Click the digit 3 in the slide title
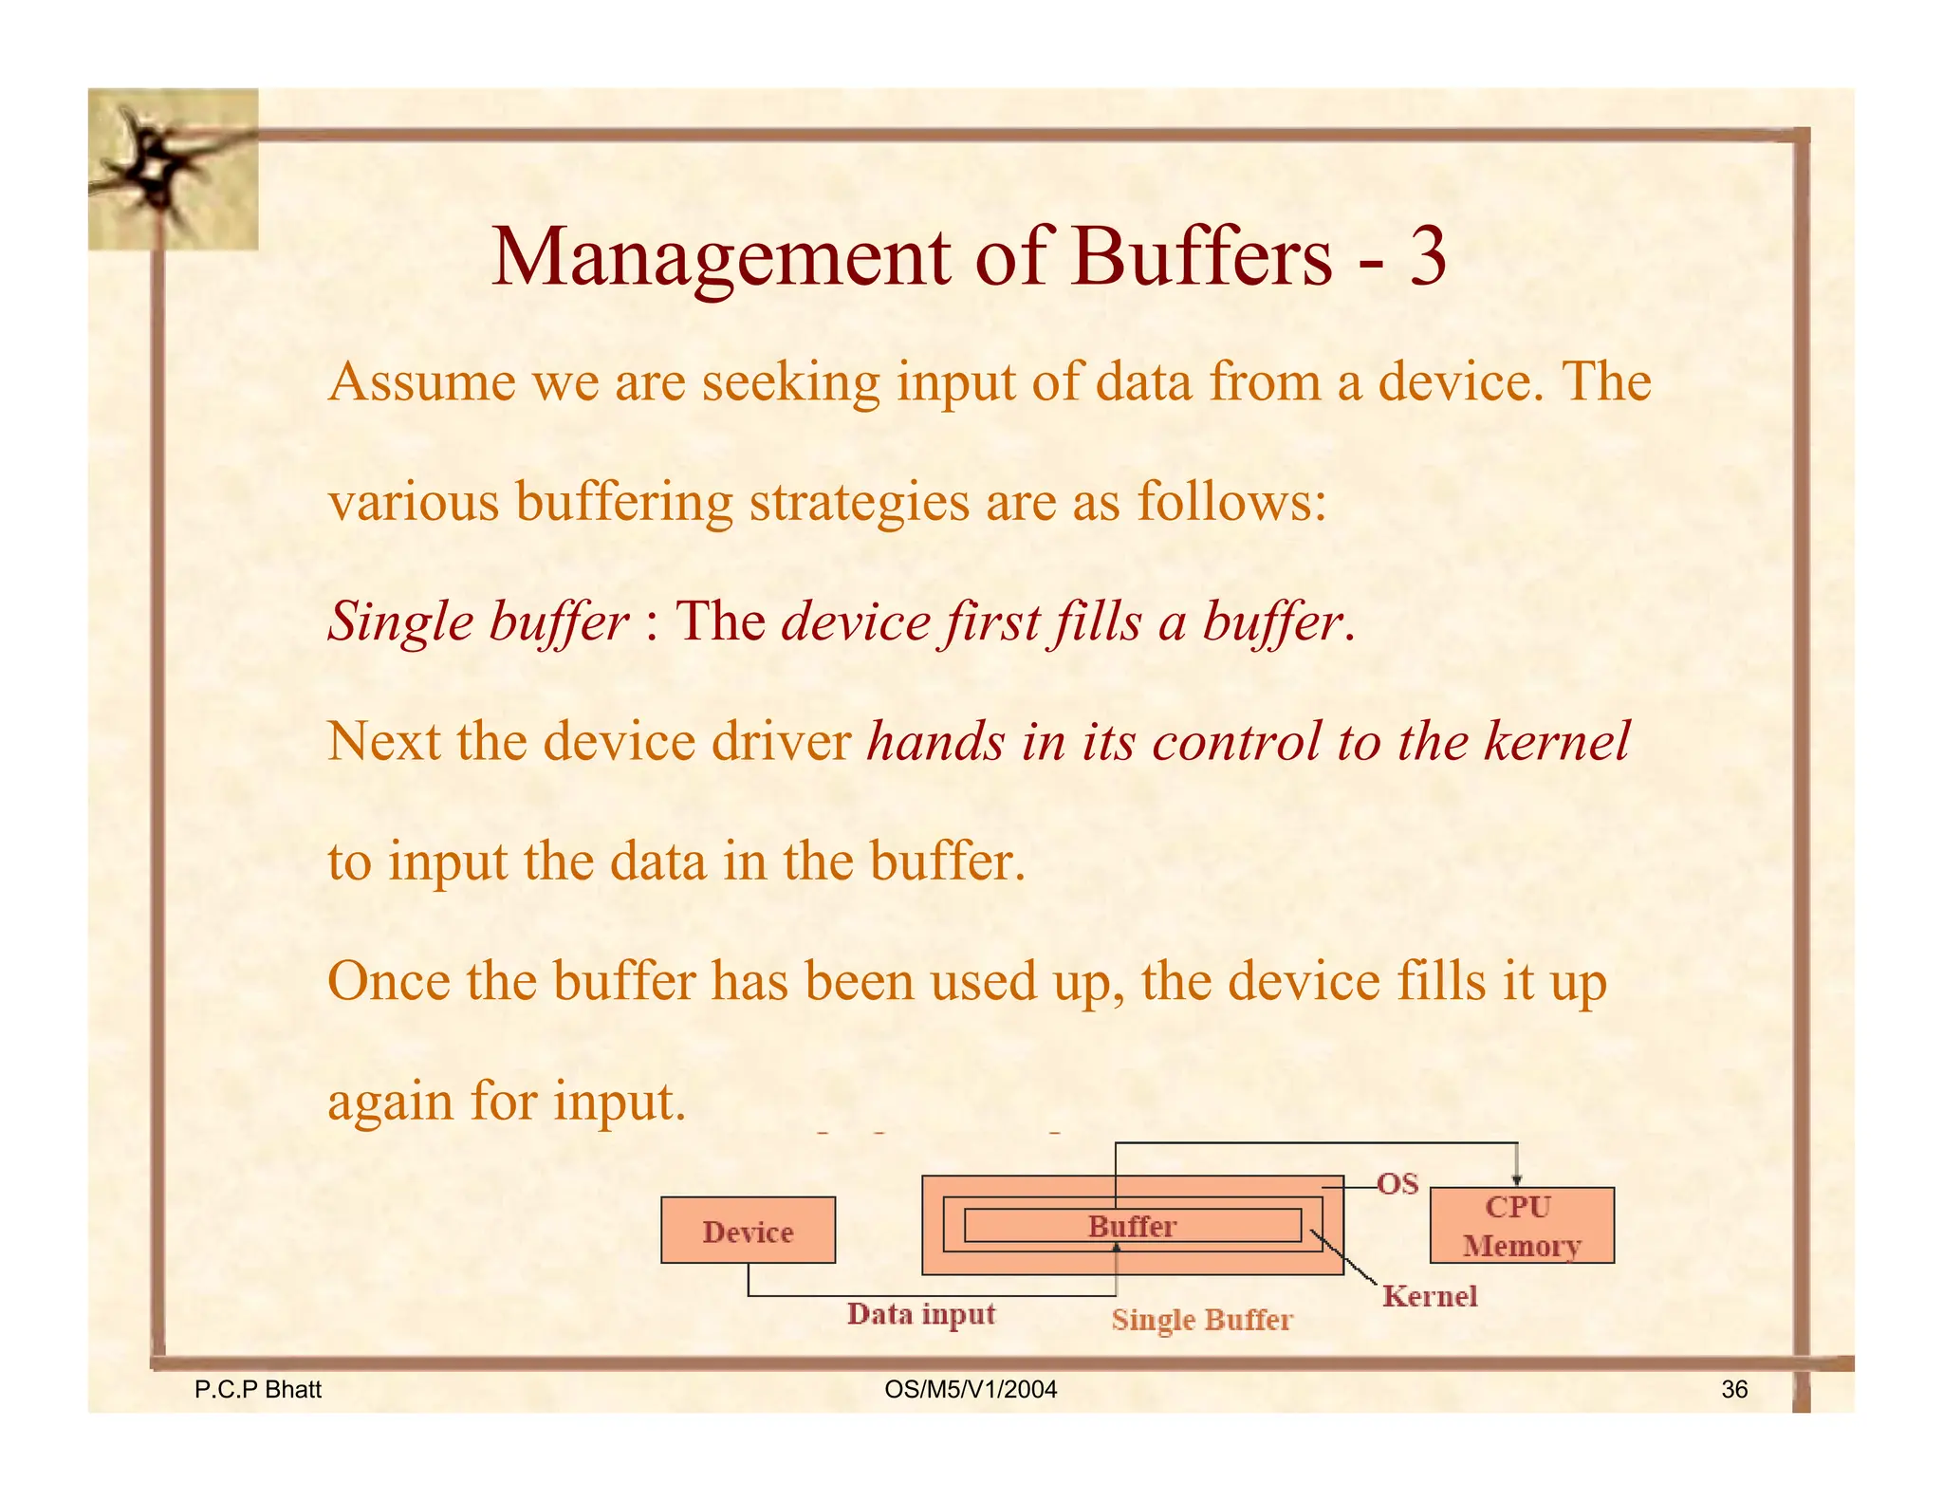tap(1426, 257)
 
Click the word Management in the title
tap(720, 259)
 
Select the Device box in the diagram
tap(748, 1231)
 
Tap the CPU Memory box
tap(1521, 1226)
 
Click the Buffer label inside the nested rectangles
tap(1132, 1226)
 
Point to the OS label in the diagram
tap(1397, 1184)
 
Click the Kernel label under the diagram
tap(1429, 1296)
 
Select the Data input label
tap(920, 1314)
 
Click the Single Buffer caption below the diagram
tap(1201, 1320)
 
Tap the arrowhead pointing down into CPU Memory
tap(1517, 1179)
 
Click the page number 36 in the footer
tap(1733, 1390)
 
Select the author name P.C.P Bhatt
tap(257, 1390)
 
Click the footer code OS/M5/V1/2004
tap(970, 1390)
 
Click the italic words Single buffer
tap(477, 623)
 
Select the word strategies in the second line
tap(859, 503)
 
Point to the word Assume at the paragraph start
tap(421, 382)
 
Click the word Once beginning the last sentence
tap(388, 982)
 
